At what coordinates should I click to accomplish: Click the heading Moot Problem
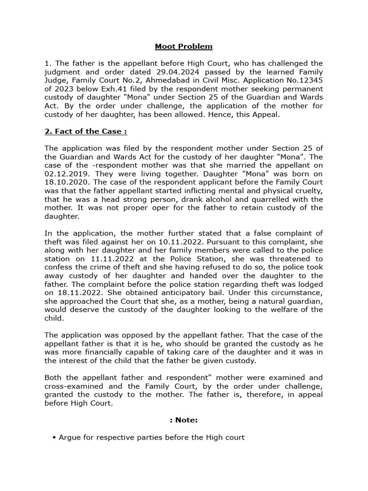click(184, 47)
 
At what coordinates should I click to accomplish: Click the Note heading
click(184, 420)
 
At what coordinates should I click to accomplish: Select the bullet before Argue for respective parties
click(55, 437)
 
